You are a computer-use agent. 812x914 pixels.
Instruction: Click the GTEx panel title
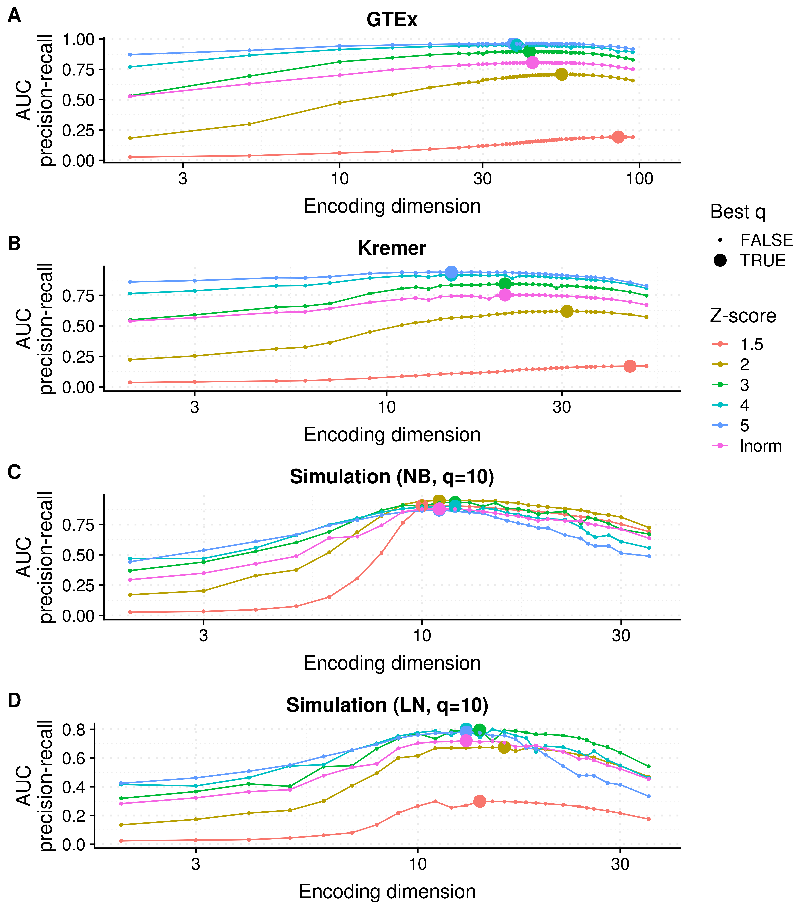[x=392, y=20]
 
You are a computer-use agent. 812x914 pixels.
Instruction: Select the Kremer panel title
[x=392, y=248]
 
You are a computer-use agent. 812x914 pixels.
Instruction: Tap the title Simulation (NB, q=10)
[x=392, y=477]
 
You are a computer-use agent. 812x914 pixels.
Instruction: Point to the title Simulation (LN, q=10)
[x=388, y=705]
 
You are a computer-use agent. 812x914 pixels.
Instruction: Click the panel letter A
[x=14, y=16]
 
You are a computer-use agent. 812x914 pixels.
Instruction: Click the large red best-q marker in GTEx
[x=618, y=137]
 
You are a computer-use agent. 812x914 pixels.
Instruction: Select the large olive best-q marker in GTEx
[x=562, y=74]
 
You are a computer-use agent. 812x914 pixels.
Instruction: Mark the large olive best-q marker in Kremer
[x=567, y=311]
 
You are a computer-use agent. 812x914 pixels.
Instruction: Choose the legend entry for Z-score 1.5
[x=737, y=344]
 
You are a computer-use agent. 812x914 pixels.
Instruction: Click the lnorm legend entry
[x=746, y=446]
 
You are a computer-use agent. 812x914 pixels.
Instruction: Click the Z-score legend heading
[x=743, y=316]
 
